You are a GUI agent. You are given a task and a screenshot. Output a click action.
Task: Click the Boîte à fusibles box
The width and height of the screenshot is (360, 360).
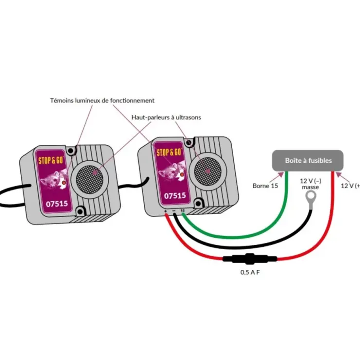point(307,161)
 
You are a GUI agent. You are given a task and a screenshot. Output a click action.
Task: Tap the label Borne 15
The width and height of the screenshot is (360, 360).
point(265,186)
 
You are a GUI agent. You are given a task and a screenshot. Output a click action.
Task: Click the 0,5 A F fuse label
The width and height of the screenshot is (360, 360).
point(250,272)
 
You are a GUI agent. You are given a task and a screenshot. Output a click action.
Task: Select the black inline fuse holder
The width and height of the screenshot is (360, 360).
point(250,259)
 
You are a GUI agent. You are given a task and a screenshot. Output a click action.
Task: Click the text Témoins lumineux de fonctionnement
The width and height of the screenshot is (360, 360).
point(102,101)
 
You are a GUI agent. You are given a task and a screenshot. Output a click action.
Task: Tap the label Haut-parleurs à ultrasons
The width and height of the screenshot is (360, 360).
point(166,117)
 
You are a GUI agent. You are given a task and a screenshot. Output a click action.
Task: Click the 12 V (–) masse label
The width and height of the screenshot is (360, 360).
point(310,184)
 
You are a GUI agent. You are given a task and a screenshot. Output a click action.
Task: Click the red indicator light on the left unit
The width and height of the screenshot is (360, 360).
point(64,183)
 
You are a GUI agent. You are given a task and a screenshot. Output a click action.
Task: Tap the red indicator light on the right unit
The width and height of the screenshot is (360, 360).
point(182,175)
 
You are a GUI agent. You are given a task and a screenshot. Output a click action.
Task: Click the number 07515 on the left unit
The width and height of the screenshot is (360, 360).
point(57,204)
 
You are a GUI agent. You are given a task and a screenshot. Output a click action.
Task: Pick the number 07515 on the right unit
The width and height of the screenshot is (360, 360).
point(175,196)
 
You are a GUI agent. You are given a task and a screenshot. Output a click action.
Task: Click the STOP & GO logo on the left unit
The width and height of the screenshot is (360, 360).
point(51,160)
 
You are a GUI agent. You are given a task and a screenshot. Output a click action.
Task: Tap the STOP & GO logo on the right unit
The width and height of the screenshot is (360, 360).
point(169,152)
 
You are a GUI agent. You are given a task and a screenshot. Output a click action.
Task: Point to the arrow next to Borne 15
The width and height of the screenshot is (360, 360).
point(276,177)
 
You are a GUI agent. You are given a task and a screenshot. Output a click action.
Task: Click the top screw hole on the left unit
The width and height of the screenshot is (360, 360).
point(71,151)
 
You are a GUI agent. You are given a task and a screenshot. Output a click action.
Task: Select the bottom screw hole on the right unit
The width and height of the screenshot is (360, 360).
point(198,203)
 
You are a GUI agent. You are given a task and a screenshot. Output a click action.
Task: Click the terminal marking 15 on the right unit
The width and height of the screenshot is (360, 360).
point(182,211)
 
